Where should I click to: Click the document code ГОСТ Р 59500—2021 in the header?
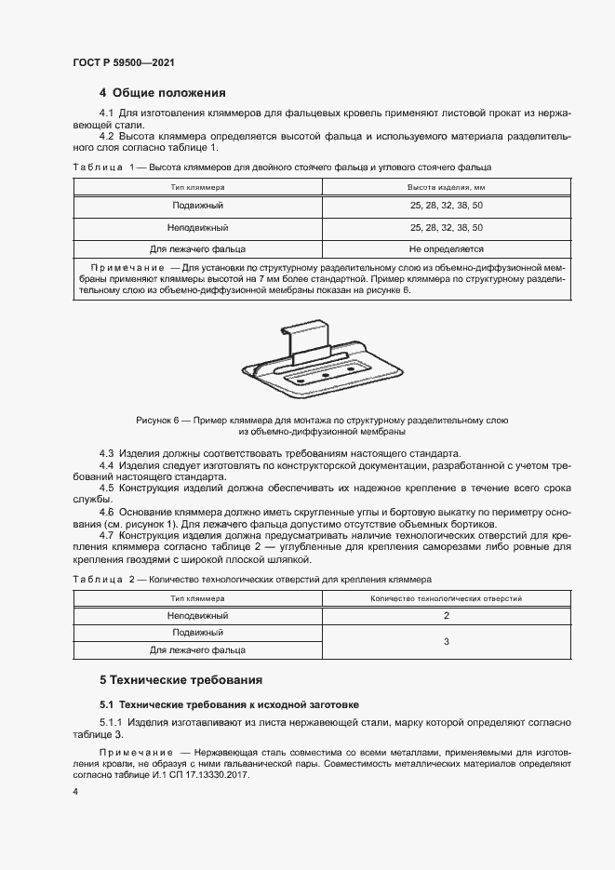124,62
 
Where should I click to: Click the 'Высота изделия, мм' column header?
446,187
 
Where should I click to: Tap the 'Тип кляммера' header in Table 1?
197,187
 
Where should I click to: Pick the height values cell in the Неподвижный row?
446,227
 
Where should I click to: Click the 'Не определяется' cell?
446,249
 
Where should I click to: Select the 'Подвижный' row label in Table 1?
197,205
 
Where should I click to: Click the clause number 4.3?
107,451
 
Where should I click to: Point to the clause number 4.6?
107,512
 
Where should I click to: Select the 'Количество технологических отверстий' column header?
446,599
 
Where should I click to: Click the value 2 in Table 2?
446,616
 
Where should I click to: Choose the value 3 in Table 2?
446,641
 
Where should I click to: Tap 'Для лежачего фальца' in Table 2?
197,649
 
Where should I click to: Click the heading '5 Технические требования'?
180,679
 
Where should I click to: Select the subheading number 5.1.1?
113,722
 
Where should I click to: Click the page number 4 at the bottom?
75,791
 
